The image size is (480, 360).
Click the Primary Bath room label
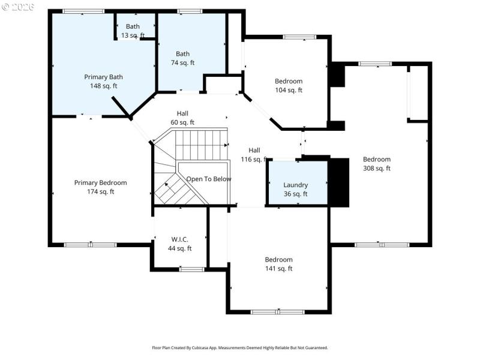click(x=103, y=81)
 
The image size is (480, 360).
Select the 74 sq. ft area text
click(x=182, y=63)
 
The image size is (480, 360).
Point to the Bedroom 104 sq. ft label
click(x=289, y=86)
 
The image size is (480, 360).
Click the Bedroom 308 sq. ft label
click(x=376, y=164)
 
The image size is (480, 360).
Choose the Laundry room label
click(x=295, y=190)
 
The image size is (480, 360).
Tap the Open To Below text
click(x=208, y=179)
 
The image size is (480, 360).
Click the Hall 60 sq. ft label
click(x=182, y=118)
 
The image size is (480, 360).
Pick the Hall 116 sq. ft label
click(x=254, y=155)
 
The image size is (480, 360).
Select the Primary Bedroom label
click(x=100, y=187)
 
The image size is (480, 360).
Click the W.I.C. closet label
click(x=180, y=244)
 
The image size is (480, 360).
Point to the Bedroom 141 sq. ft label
click(x=278, y=264)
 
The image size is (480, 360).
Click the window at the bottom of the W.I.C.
click(x=192, y=269)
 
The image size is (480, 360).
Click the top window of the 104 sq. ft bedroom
click(x=299, y=37)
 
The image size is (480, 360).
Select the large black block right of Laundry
click(x=339, y=182)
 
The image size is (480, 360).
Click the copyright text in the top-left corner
click(x=18, y=7)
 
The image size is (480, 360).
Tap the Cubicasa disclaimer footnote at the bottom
click(x=239, y=347)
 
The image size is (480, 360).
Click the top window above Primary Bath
click(x=83, y=11)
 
